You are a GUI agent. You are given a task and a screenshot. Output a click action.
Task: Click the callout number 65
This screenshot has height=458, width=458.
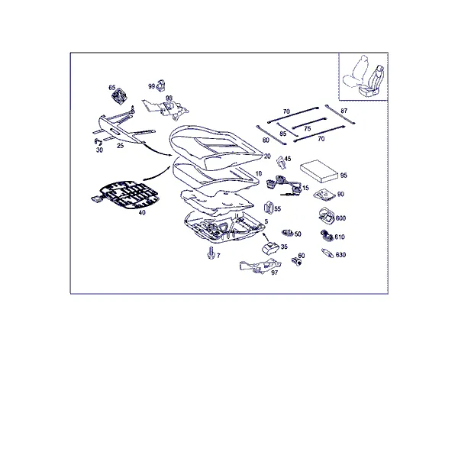112,88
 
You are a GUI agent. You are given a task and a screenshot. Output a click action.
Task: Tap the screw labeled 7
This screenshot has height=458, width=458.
210,253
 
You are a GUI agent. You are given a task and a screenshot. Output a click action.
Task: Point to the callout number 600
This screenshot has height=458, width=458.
340,218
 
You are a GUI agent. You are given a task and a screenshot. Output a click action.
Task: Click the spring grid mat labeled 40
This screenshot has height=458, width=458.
126,195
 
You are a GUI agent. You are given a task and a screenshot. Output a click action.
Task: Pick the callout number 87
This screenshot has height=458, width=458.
343,111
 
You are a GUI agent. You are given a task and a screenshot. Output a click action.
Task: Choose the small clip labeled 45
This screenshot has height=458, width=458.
280,163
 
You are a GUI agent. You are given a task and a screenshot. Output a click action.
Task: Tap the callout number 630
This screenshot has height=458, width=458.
340,255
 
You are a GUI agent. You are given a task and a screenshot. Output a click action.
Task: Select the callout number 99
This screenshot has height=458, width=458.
151,86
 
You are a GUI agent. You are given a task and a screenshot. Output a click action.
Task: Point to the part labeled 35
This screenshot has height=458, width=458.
270,247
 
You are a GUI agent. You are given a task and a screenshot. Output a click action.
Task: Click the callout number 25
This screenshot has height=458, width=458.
120,146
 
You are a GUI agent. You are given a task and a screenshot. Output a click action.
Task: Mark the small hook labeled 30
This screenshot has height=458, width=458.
98,142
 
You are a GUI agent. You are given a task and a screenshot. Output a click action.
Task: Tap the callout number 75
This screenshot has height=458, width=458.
307,129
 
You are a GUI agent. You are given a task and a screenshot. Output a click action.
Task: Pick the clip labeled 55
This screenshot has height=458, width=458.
269,208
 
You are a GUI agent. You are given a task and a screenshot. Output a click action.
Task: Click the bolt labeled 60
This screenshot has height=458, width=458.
296,262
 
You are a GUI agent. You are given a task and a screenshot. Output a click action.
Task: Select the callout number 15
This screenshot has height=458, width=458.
305,188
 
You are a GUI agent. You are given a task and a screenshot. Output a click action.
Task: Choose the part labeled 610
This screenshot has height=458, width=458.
327,235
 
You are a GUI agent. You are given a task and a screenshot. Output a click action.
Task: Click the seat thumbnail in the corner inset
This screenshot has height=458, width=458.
363,76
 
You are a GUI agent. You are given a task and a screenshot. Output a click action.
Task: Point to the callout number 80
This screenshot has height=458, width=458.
266,140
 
